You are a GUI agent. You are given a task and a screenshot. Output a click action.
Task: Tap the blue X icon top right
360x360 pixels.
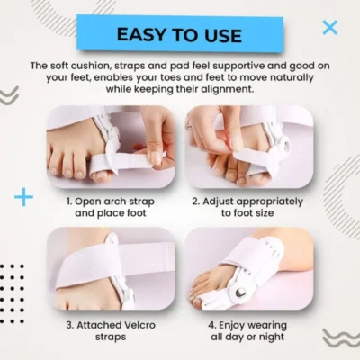coord(330,27)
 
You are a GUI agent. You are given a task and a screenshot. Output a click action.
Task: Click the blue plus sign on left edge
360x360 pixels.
coord(23,197)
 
